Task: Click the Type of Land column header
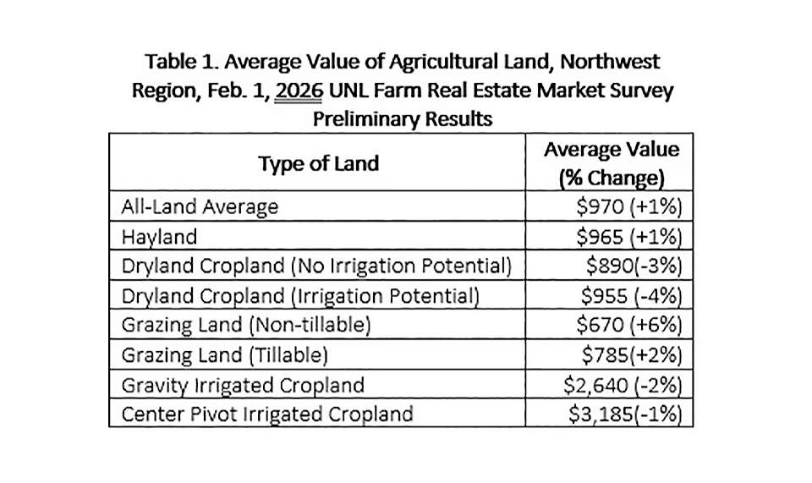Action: [318, 163]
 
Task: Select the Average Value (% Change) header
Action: [611, 163]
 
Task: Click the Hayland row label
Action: [159, 236]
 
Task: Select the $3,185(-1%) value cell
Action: [624, 414]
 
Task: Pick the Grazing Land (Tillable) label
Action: [224, 355]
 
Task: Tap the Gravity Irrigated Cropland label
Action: [244, 385]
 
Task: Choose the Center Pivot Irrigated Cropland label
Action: [268, 414]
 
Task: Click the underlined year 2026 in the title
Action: [300, 91]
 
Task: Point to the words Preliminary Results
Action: [403, 118]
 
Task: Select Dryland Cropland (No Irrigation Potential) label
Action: [317, 266]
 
